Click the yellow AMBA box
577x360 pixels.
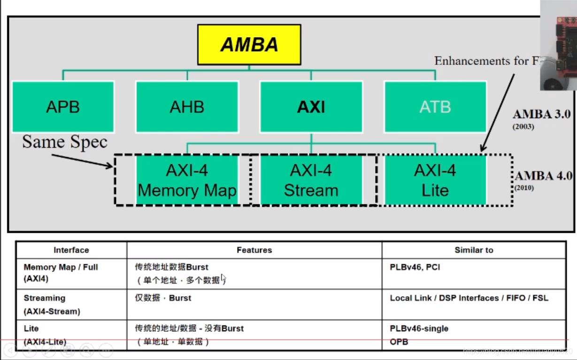click(249, 45)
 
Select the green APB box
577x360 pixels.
click(63, 107)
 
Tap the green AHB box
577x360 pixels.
click(187, 107)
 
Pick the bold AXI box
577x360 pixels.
click(311, 107)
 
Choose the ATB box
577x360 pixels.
click(435, 107)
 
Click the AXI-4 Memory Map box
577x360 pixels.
click(187, 180)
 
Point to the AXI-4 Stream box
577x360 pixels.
click(311, 180)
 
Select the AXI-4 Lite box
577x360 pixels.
click(435, 180)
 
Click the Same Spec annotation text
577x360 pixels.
click(65, 142)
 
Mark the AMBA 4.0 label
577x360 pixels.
click(543, 176)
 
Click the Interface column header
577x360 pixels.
click(71, 250)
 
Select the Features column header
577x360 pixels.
click(254, 250)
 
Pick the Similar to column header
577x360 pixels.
click(474, 250)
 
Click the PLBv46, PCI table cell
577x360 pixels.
click(415, 267)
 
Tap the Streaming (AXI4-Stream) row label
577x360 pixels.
click(52, 304)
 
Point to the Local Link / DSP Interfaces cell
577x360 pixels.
click(469, 298)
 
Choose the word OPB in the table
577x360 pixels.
click(399, 342)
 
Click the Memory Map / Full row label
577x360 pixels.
click(61, 267)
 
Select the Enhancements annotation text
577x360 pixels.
click(486, 61)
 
